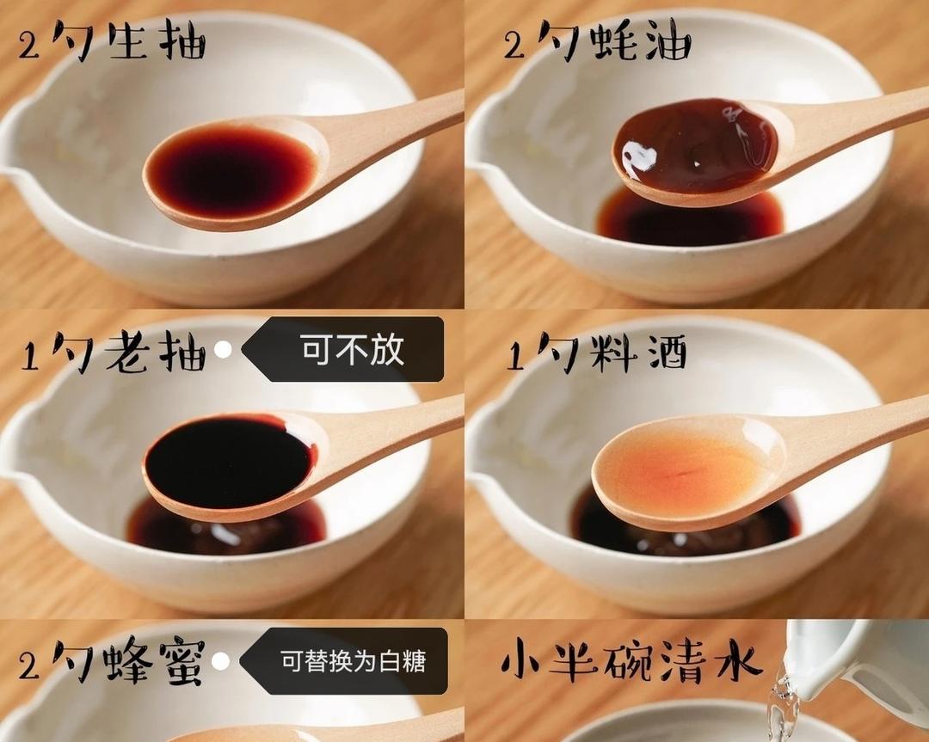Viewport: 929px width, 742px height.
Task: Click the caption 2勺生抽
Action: [x=112, y=42]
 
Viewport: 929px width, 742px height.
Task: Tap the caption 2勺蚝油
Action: [x=598, y=42]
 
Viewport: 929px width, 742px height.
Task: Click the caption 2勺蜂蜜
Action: [x=112, y=663]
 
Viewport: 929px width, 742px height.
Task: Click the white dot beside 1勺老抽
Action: [x=223, y=351]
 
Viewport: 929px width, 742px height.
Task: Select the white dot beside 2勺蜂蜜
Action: [x=221, y=662]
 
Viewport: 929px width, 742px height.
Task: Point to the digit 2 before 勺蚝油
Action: [x=514, y=45]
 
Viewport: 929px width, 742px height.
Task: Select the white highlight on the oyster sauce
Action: [x=638, y=159]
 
